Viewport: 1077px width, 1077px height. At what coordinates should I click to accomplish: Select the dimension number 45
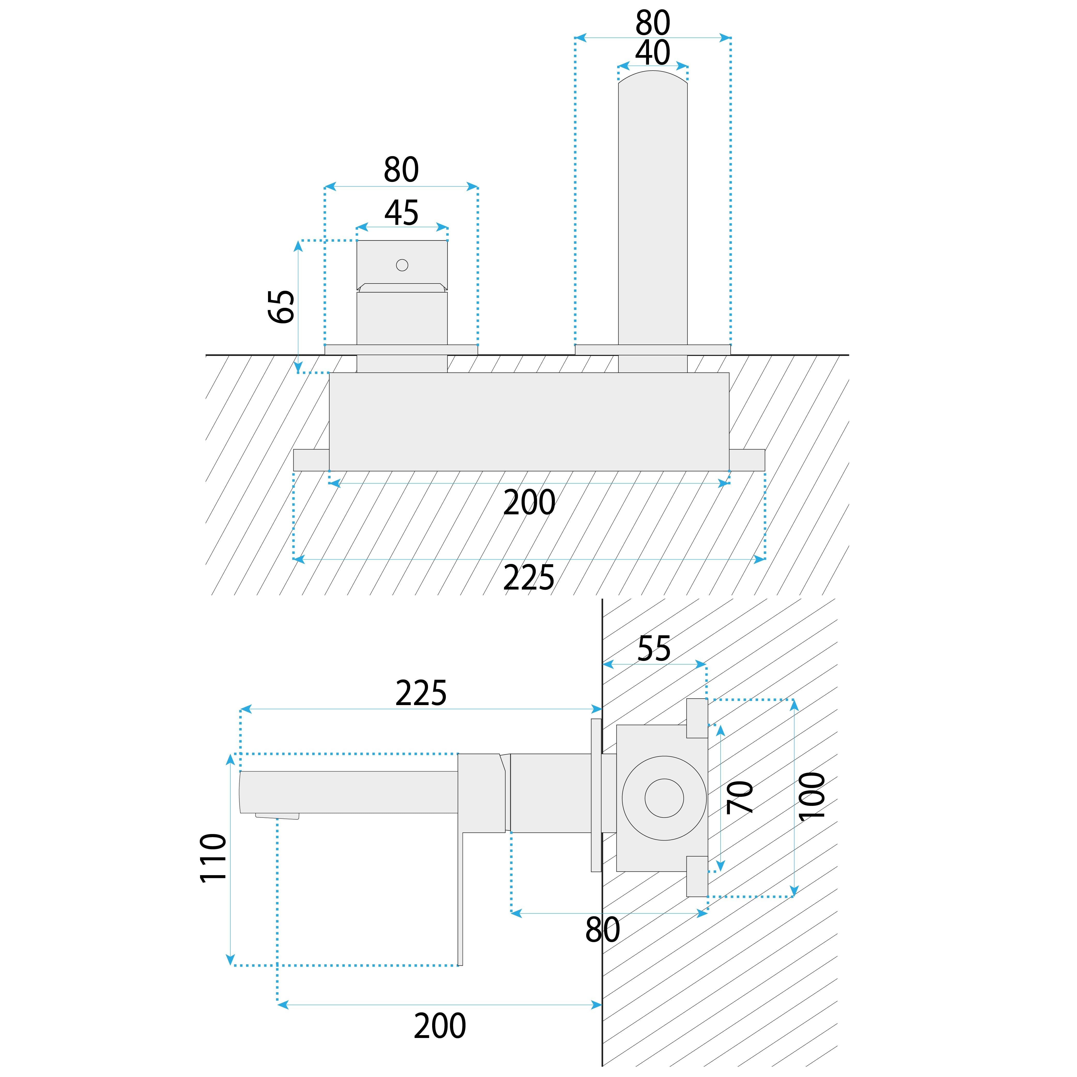tap(401, 213)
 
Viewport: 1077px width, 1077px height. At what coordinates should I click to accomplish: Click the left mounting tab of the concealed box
tap(311, 460)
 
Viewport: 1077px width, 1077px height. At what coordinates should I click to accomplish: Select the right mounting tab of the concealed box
tap(747, 460)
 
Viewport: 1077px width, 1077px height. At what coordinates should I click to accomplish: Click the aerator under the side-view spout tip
tap(277, 816)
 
